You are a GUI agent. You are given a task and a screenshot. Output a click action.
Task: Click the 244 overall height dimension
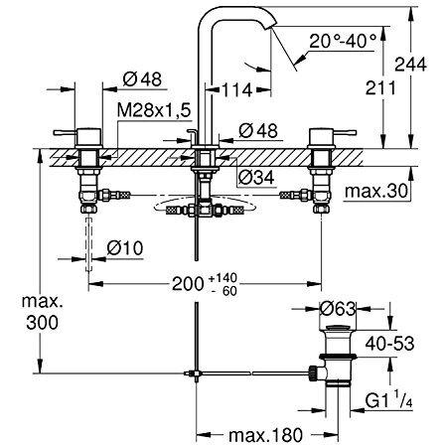pyautogui.click(x=410, y=65)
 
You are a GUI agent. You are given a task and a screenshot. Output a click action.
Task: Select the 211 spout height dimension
pyautogui.click(x=380, y=88)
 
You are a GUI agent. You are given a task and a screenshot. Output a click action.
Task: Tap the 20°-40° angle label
pyautogui.click(x=343, y=42)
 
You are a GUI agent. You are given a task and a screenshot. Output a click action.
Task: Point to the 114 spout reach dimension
pyautogui.click(x=236, y=89)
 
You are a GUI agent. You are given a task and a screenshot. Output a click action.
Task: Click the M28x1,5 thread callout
pyautogui.click(x=154, y=110)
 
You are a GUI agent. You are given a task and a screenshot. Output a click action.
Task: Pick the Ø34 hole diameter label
pyautogui.click(x=256, y=178)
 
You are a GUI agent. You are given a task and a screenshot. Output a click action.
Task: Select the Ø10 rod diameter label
pyautogui.click(x=125, y=247)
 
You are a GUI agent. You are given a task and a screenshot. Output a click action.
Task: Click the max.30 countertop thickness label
pyautogui.click(x=375, y=191)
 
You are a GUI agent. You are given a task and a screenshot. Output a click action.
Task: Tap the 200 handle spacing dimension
pyautogui.click(x=188, y=283)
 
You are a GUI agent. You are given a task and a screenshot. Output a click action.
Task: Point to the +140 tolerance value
pyautogui.click(x=222, y=277)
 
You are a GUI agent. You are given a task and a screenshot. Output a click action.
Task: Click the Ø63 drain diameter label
pyautogui.click(x=338, y=309)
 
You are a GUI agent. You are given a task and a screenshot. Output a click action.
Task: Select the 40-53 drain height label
pyautogui.click(x=389, y=344)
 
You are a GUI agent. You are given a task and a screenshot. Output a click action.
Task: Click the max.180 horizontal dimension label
pyautogui.click(x=266, y=434)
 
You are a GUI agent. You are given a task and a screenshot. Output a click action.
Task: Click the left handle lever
pyautogui.click(x=65, y=133)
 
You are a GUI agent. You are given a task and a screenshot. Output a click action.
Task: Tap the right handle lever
pyautogui.click(x=345, y=133)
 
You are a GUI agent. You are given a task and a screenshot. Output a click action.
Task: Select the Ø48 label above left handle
pyautogui.click(x=142, y=79)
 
